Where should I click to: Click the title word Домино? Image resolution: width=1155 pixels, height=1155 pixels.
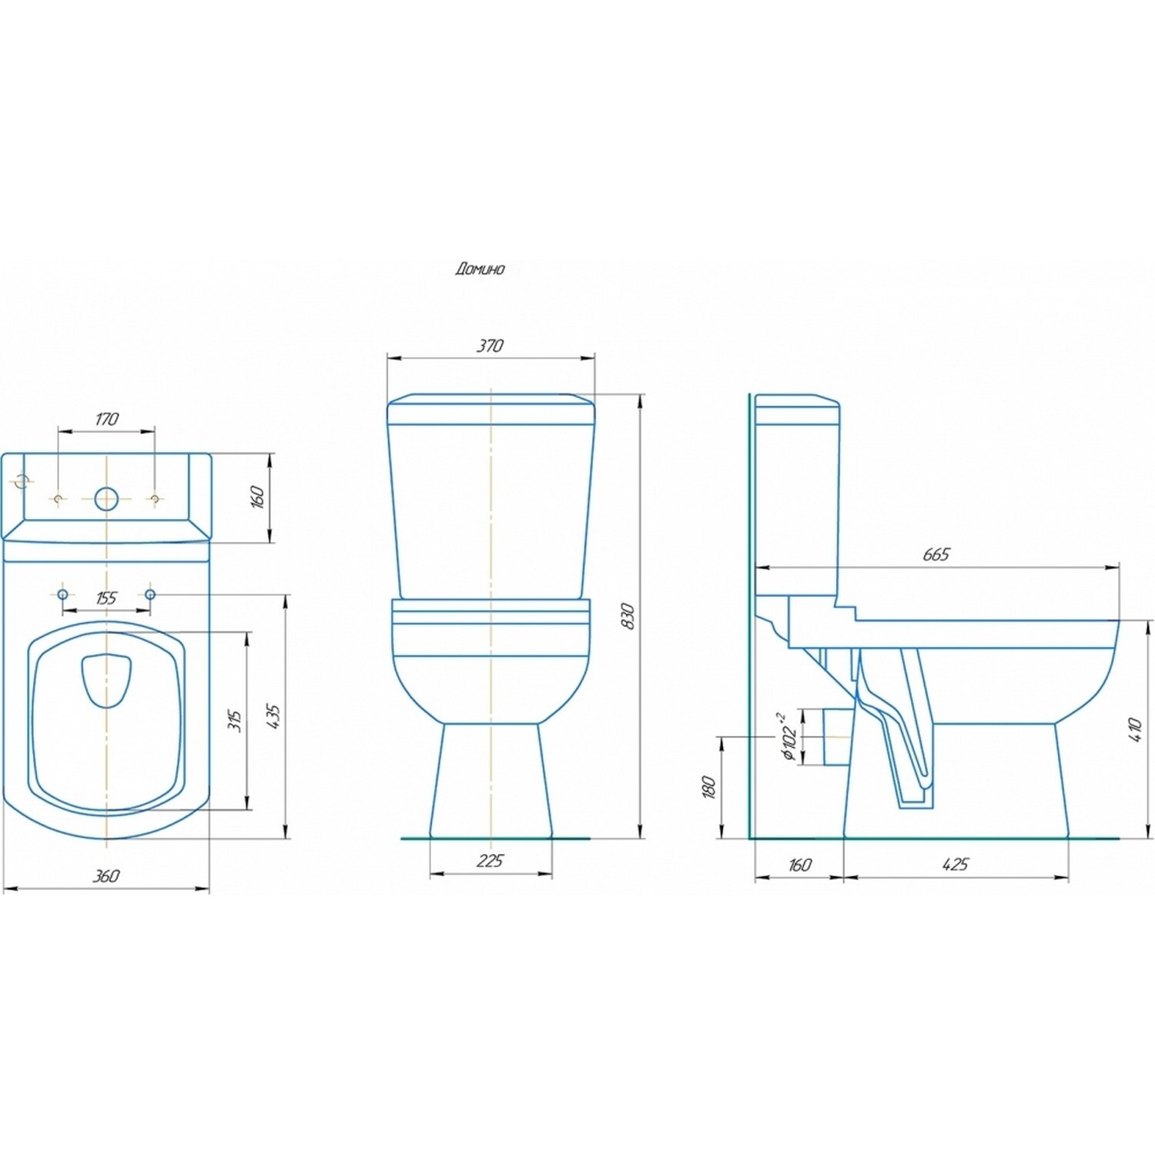tap(480, 269)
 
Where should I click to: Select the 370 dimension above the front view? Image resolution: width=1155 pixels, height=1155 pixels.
tap(490, 346)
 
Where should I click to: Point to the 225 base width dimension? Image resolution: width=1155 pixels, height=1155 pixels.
tap(490, 860)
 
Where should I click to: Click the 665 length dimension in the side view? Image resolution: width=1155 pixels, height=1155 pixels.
tap(936, 554)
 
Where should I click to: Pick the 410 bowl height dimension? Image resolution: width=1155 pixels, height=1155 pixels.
tap(1134, 730)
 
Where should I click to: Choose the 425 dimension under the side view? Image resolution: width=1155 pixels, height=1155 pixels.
tap(955, 864)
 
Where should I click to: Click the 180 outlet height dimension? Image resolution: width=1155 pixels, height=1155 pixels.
tap(710, 787)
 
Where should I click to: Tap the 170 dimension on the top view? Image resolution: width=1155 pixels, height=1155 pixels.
tap(106, 419)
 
